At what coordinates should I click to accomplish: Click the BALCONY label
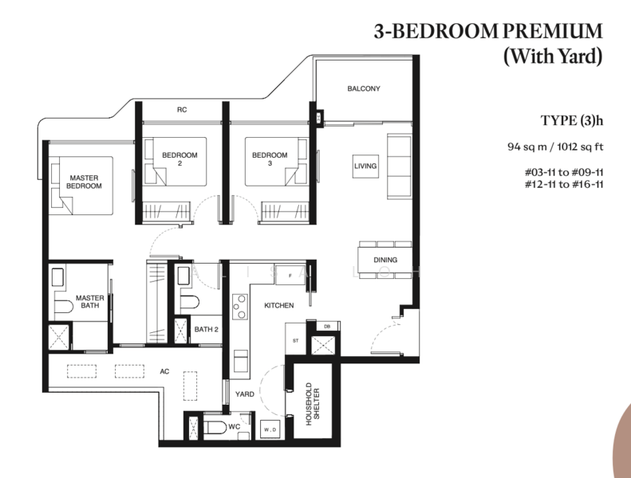pyautogui.click(x=364, y=88)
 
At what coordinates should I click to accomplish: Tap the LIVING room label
pyautogui.click(x=365, y=166)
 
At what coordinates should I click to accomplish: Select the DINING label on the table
pyautogui.click(x=385, y=261)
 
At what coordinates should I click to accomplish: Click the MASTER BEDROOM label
pyautogui.click(x=84, y=182)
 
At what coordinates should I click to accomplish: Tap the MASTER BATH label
pyautogui.click(x=89, y=304)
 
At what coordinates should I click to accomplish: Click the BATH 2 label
pyautogui.click(x=206, y=328)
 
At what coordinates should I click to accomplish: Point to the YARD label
pyautogui.click(x=245, y=394)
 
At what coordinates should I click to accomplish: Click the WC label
pyautogui.click(x=234, y=427)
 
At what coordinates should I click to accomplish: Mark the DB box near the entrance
pyautogui.click(x=327, y=325)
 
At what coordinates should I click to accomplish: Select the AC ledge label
pyautogui.click(x=165, y=370)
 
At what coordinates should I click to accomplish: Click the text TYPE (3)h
pyautogui.click(x=571, y=121)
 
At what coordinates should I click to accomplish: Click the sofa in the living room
pyautogui.click(x=397, y=166)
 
